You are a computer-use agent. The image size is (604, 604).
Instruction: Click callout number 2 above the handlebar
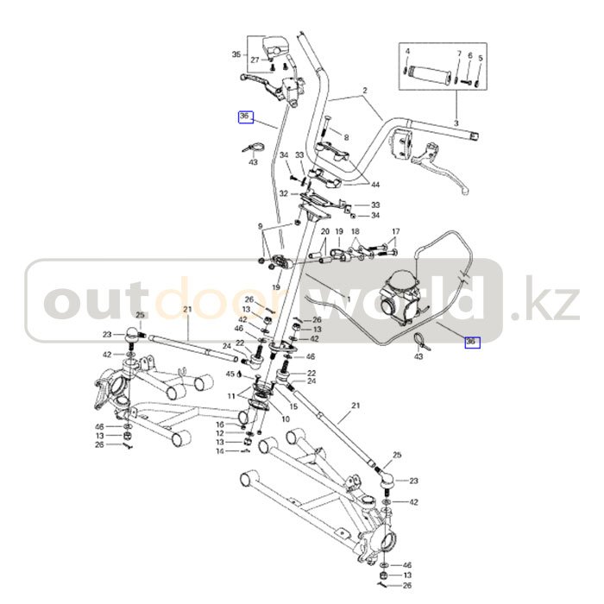[x=364, y=91]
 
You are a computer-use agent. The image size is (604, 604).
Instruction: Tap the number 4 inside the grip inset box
[x=406, y=53]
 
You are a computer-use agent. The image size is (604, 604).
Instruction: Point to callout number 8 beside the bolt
[x=346, y=138]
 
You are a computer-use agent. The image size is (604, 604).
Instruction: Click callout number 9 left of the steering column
[x=259, y=226]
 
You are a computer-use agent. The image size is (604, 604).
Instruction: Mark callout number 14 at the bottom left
[x=220, y=451]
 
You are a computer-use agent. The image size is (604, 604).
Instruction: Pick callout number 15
[x=293, y=406]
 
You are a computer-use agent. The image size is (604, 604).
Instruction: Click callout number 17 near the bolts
[x=396, y=232]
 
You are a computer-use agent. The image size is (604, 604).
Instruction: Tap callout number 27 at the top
[x=255, y=60]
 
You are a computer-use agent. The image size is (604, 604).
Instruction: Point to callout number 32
[x=282, y=195]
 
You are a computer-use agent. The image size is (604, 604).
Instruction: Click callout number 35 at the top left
[x=236, y=54]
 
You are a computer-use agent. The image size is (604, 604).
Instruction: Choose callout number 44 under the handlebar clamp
[x=374, y=185]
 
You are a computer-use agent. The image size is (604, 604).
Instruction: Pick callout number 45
[x=230, y=374]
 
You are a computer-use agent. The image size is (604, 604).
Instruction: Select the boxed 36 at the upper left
[x=244, y=116]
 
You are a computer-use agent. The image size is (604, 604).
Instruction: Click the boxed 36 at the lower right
[x=470, y=342]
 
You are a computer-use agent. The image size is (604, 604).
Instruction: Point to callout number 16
[x=220, y=425]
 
